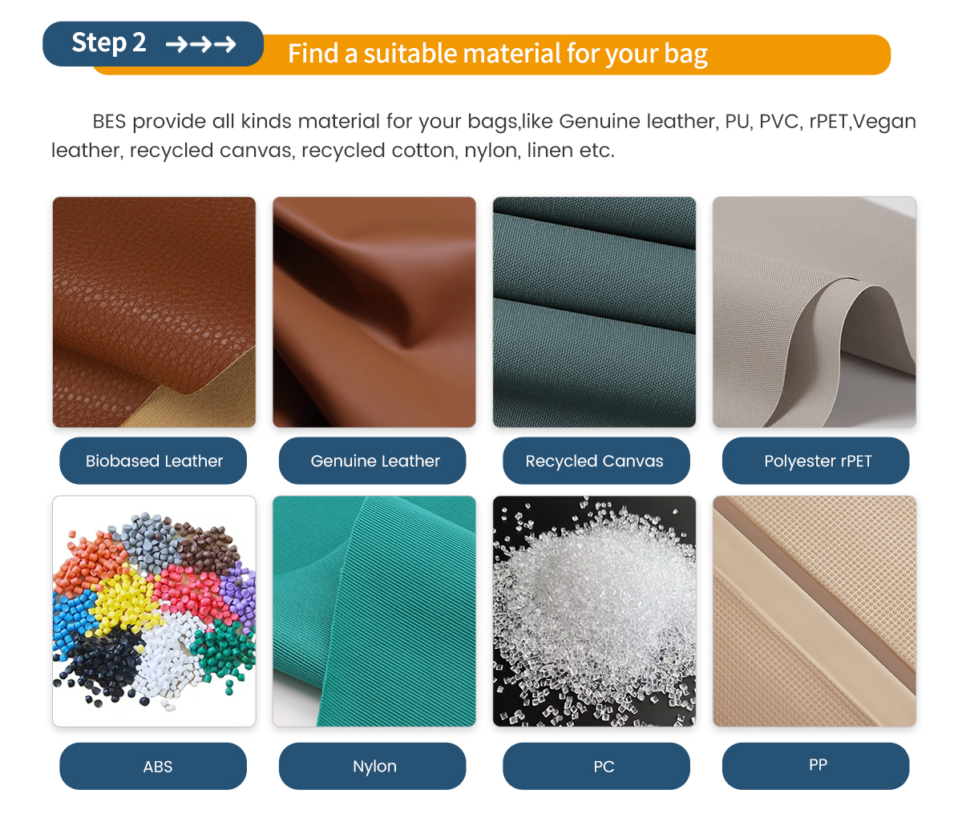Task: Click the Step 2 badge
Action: [153, 44]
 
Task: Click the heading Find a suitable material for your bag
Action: [498, 54]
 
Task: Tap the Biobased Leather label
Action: [153, 461]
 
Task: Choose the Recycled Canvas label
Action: [596, 461]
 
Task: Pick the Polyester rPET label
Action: [815, 461]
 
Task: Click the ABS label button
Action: [153, 766]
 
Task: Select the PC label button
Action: [596, 766]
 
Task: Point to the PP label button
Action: [815, 766]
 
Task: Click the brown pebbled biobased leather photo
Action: [154, 312]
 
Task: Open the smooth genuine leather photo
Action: [374, 312]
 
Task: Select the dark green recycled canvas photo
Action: [594, 312]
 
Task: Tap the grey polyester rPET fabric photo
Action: [814, 312]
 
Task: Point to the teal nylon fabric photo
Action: [374, 610]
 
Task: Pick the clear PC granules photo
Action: [594, 610]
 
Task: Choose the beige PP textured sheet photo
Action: [814, 610]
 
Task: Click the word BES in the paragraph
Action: [109, 122]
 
